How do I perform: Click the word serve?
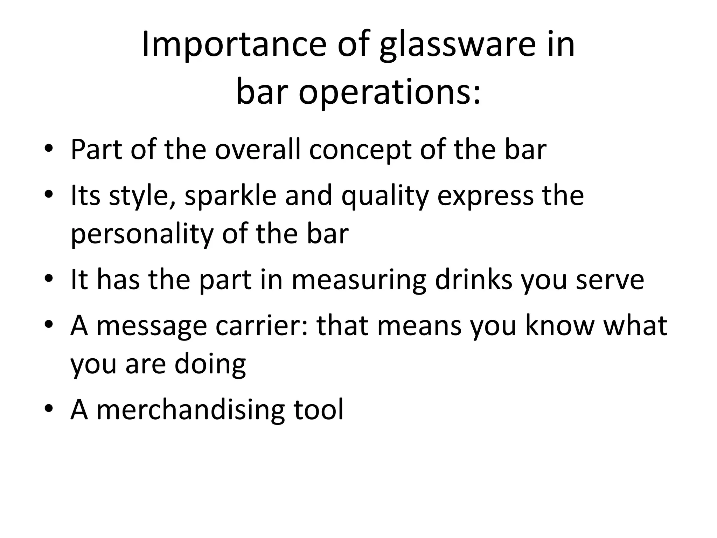coord(610,280)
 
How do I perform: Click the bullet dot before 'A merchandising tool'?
coord(49,409)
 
